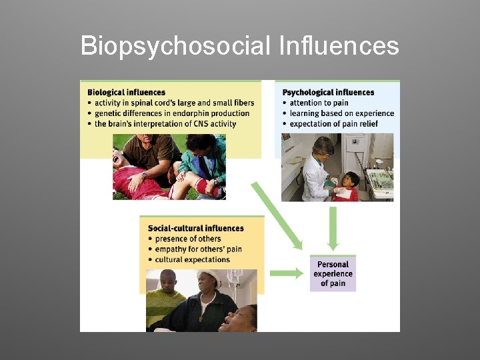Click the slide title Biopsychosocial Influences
239,47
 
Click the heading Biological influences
126,92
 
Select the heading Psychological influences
329,92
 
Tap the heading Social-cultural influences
196,228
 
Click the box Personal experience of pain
333,273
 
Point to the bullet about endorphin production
171,113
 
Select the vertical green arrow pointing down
333,228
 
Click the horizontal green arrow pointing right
286,273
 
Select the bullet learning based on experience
341,113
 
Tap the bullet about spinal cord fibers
174,103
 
